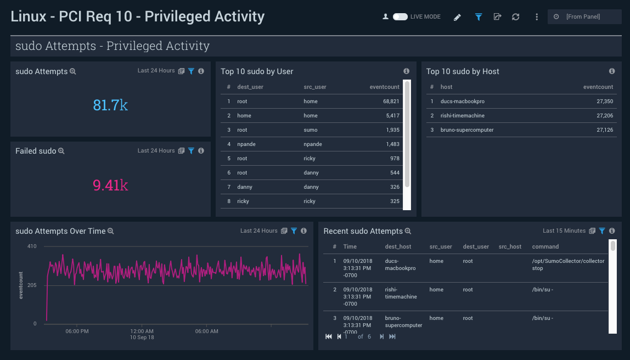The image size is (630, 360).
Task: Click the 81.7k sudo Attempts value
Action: tap(110, 105)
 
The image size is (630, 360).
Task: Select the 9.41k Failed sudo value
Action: tap(110, 185)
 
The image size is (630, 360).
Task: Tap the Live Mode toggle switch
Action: tap(400, 17)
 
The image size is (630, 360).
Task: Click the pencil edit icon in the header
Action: tap(458, 17)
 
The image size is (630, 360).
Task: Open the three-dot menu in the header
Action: tap(536, 17)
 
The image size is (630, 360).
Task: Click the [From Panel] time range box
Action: tap(584, 17)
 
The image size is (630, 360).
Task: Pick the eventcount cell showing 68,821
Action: tap(391, 102)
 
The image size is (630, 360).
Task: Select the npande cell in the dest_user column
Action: tap(246, 144)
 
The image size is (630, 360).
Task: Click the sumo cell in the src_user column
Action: tap(310, 130)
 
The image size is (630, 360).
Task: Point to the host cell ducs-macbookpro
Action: tap(462, 102)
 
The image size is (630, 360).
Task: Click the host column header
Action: tap(446, 87)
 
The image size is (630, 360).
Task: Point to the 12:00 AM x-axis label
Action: tap(142, 331)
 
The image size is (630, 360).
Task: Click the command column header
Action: tap(545, 247)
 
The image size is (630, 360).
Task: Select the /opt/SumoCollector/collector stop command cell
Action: tap(568, 265)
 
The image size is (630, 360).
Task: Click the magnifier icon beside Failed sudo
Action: tap(61, 151)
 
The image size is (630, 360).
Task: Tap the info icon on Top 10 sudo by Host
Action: tap(612, 71)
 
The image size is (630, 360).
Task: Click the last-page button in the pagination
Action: tap(392, 336)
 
